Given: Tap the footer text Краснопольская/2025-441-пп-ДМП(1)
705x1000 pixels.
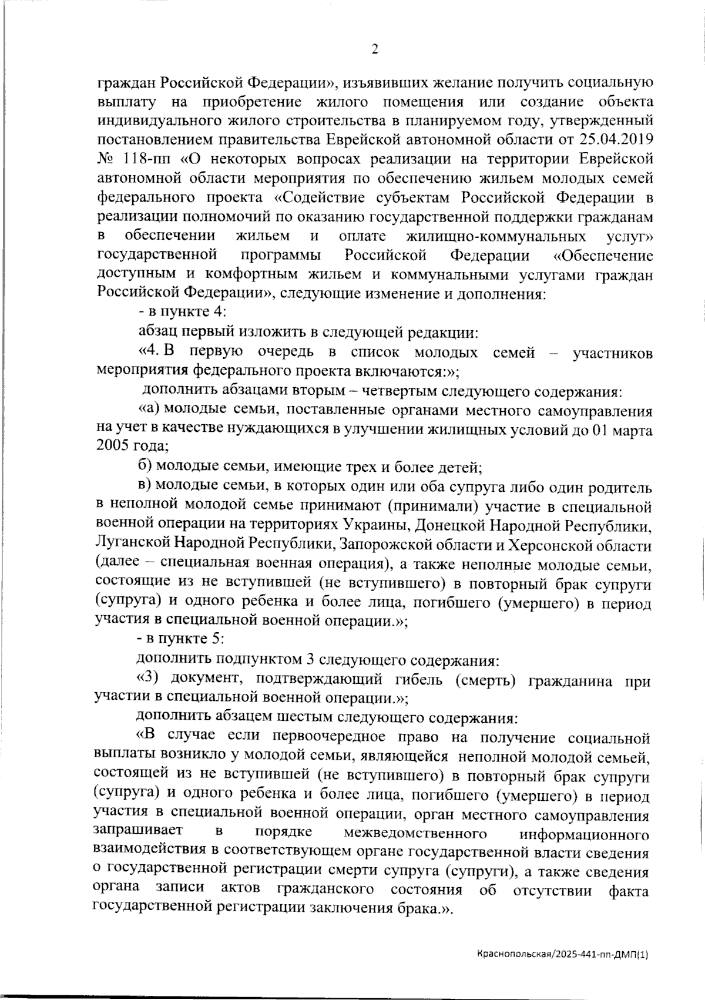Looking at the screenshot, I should coord(562,955).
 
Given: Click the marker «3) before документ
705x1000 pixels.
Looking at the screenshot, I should coord(148,677).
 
